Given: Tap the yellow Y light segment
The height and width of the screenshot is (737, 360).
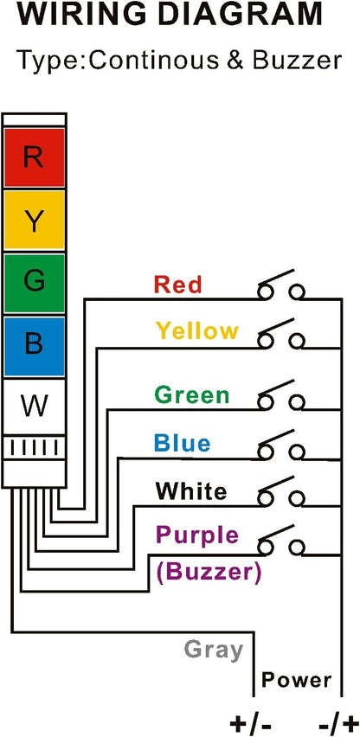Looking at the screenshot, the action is [34, 220].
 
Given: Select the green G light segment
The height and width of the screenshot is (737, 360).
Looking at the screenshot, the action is [34, 283].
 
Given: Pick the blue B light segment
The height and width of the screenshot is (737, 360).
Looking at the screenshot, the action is [34, 346].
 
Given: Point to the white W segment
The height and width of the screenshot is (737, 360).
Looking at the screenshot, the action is [34, 407].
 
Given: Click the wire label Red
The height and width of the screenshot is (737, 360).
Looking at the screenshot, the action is [178, 285].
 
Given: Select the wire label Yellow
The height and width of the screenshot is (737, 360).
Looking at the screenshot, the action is [197, 330].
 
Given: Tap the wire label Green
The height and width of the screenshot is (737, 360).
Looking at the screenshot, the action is [192, 394].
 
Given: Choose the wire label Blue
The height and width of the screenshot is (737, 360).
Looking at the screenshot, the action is [182, 443].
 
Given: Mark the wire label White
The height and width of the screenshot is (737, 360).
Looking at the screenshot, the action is [191, 491].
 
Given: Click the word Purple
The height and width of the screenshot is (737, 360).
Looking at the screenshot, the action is [197, 535].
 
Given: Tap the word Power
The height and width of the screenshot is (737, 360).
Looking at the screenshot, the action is [296, 680].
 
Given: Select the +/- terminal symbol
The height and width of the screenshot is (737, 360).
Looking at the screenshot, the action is [250, 724].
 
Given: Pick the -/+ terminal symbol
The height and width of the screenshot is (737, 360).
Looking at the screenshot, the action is [336, 724].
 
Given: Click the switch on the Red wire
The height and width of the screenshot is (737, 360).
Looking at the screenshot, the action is [281, 285].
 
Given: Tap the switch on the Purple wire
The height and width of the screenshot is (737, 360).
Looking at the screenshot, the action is [281, 540].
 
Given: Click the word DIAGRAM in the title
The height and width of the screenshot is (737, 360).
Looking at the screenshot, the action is [238, 14].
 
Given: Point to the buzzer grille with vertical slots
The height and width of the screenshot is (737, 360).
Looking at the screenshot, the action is [34, 447].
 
